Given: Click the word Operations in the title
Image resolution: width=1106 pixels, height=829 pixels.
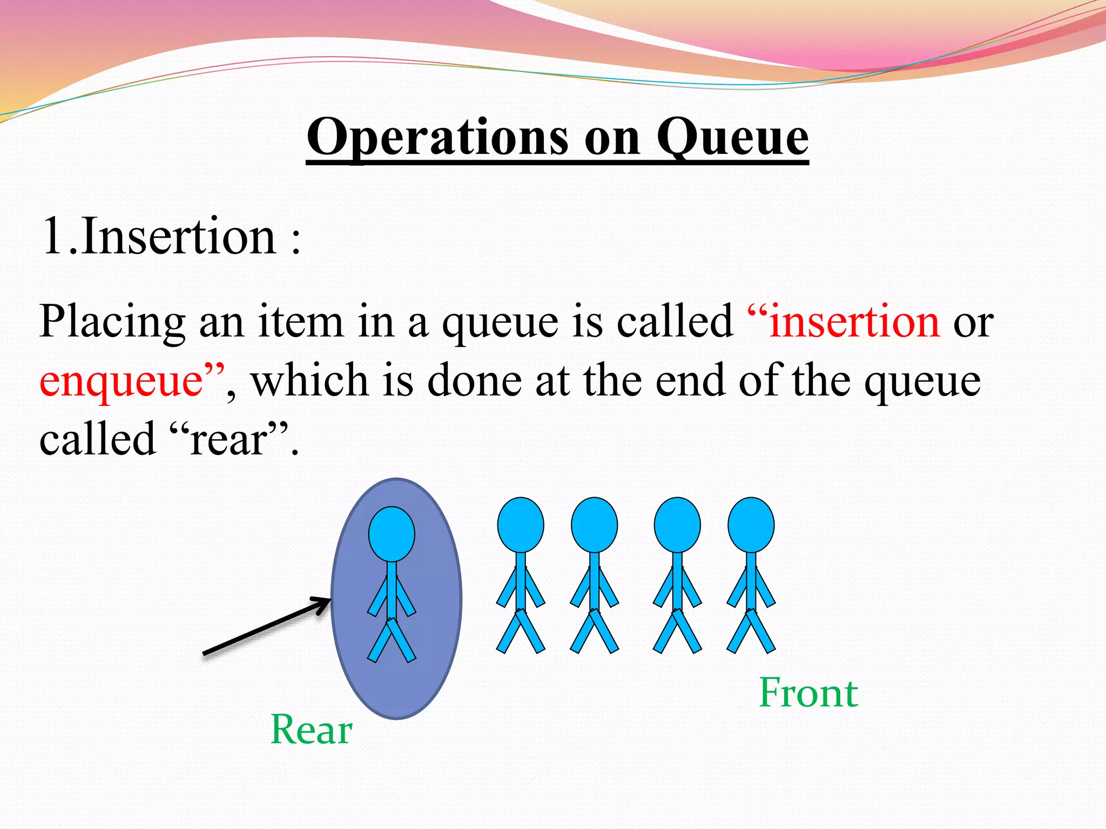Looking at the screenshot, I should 437,138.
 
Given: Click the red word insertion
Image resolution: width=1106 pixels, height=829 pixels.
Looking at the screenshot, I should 854,322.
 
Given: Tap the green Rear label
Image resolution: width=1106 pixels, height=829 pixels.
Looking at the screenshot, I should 311,730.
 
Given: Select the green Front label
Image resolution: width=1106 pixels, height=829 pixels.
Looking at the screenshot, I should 808,693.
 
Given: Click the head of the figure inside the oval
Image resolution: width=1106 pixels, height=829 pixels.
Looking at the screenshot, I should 392,534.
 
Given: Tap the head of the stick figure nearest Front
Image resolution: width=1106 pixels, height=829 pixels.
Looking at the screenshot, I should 751,525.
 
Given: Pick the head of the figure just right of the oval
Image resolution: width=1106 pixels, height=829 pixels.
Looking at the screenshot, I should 520,525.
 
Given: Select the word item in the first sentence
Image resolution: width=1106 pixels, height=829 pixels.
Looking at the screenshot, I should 300,322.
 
